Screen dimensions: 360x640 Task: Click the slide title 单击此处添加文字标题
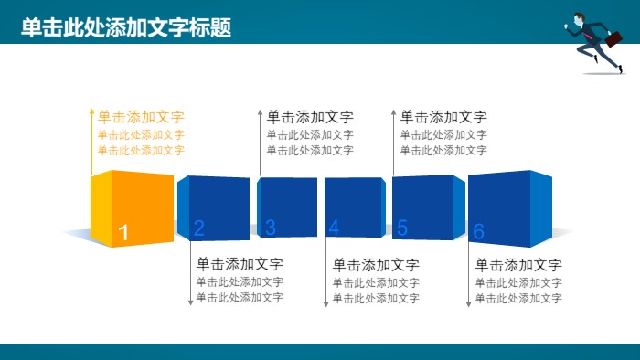[126, 28]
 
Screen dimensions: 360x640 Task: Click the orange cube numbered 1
[133, 207]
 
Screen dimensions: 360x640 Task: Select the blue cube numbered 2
[214, 208]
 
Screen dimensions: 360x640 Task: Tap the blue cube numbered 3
[287, 208]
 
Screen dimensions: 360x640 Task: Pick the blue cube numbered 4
[355, 208]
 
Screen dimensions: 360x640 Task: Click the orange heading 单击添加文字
[141, 117]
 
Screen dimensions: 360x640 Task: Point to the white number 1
[124, 233]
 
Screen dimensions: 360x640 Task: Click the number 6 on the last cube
[478, 232]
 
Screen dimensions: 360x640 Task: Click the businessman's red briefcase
[613, 39]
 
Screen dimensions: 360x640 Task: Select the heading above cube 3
[310, 117]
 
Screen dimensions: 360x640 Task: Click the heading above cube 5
[443, 117]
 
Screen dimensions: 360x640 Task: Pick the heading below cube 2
[240, 264]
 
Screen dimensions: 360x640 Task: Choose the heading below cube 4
[376, 265]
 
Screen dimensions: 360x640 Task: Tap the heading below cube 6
[518, 265]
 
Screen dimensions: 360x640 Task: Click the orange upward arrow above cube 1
[91, 112]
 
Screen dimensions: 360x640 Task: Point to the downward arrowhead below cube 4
[325, 303]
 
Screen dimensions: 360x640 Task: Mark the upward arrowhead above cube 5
[394, 113]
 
